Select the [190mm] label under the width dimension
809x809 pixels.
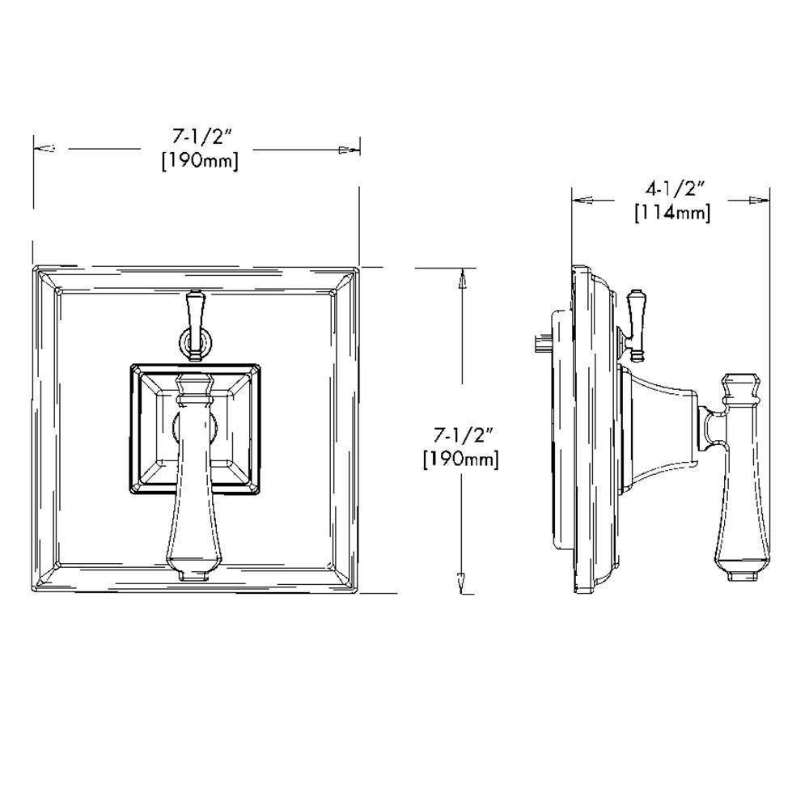200,160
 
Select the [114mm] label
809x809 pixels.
672,213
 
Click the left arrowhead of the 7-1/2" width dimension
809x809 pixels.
45,149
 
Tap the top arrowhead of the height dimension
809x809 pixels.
462,279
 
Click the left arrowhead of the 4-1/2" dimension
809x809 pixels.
583,199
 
